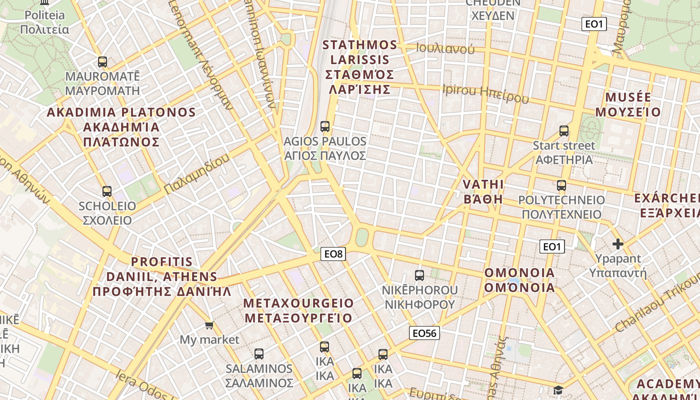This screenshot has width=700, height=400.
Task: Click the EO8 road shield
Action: coord(333,254)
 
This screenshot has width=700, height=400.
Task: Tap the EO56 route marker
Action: coord(424,333)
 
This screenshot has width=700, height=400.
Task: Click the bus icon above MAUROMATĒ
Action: coord(102,62)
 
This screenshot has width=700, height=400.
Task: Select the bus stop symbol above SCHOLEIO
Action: coord(106,191)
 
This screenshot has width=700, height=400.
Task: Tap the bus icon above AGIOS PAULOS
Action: coord(325,126)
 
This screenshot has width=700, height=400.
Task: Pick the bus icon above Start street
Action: coord(564,131)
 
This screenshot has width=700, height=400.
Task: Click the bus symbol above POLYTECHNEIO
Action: coord(561,185)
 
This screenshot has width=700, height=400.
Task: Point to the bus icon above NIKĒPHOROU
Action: coord(419,275)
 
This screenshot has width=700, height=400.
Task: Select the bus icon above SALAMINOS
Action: coord(259,354)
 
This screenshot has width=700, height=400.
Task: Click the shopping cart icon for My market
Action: coord(209,325)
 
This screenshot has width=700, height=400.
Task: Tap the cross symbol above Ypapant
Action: coord(618,244)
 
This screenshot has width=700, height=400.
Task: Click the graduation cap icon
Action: coord(558,390)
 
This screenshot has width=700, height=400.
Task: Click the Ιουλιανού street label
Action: coord(445,48)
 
